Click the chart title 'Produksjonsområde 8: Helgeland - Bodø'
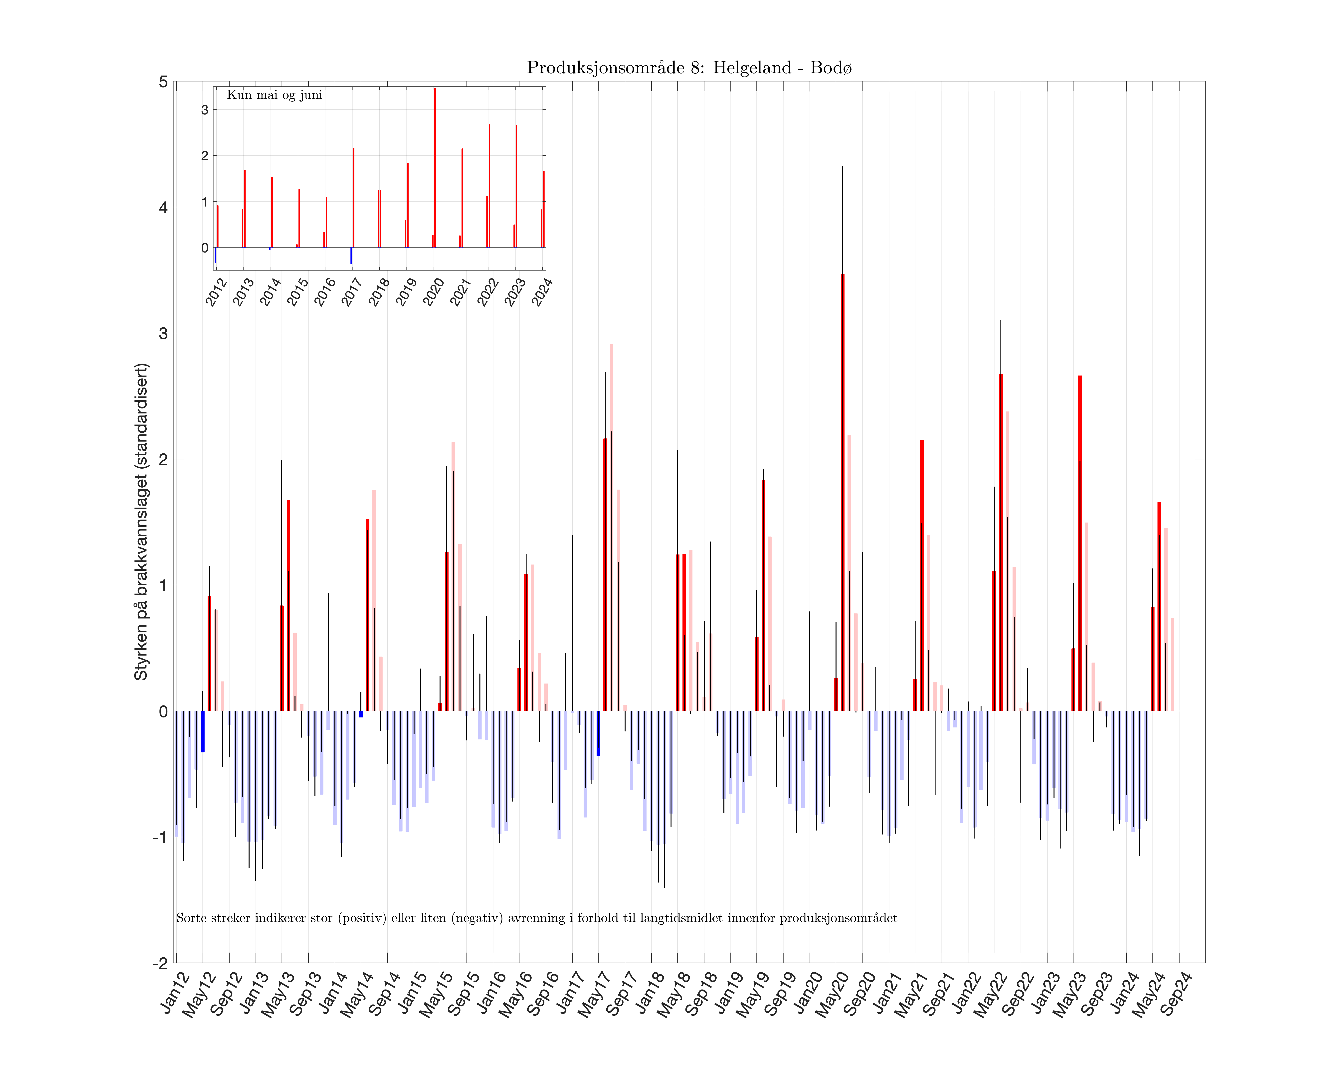pos(689,67)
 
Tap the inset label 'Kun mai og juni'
pos(274,95)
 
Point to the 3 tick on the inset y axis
pos(204,110)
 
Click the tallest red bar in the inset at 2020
pos(434,168)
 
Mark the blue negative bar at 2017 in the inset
pos(351,255)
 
